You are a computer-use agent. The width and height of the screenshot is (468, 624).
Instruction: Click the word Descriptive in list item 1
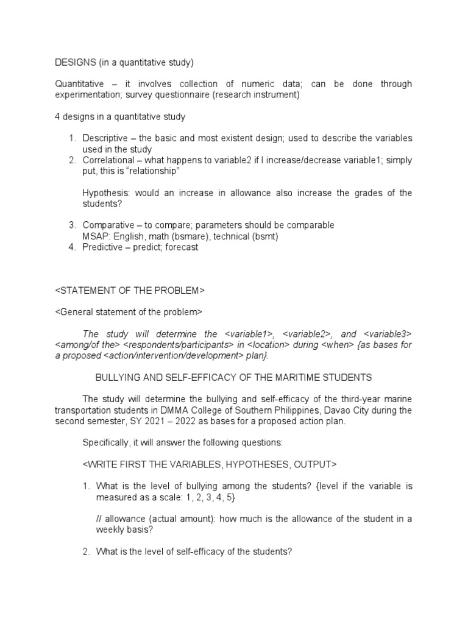[x=105, y=138]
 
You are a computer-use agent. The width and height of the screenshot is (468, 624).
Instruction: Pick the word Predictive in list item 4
[x=102, y=247]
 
